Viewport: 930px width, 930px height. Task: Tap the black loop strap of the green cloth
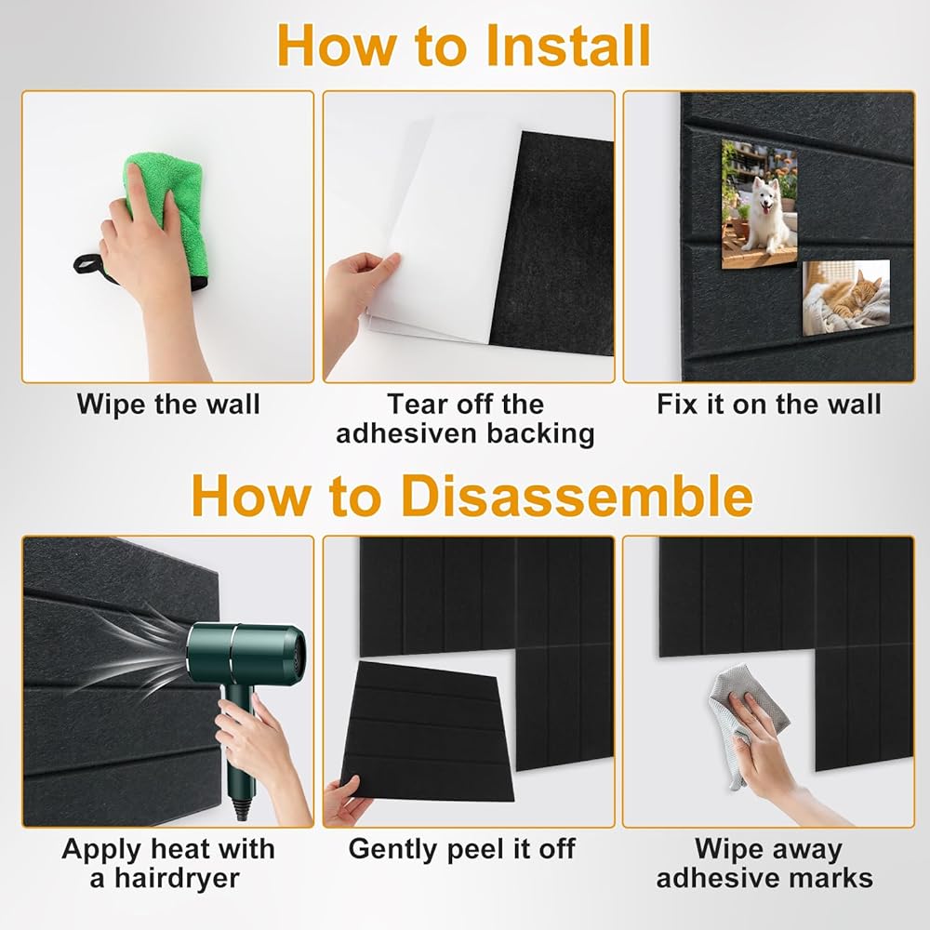click(x=89, y=265)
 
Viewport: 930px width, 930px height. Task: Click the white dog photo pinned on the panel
click(x=759, y=204)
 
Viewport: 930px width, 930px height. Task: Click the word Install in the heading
click(x=567, y=46)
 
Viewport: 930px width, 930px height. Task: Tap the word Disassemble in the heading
click(x=577, y=496)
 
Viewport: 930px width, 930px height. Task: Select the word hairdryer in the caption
click(x=177, y=879)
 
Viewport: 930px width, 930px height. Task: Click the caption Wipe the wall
click(x=168, y=405)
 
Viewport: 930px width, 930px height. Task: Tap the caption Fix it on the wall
click(x=769, y=405)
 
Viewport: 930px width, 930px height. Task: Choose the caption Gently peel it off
click(x=461, y=849)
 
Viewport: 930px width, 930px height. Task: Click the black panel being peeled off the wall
click(x=427, y=733)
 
